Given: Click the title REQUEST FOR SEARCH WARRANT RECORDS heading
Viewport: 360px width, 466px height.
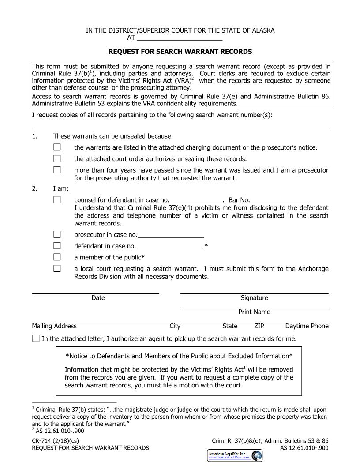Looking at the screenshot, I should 180,52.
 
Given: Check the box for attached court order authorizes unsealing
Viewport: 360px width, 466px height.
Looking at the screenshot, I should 57,158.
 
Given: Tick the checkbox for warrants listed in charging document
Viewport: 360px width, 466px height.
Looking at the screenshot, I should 57,147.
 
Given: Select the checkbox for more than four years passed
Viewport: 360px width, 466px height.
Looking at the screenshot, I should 57,170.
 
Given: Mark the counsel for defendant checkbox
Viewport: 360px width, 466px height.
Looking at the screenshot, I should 57,200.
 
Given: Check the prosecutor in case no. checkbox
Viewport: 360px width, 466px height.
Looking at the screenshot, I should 57,234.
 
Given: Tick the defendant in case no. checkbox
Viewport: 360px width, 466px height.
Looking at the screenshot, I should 57,246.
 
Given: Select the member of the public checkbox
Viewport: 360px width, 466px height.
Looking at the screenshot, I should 57,257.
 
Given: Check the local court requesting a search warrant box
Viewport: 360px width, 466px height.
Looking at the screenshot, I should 57,268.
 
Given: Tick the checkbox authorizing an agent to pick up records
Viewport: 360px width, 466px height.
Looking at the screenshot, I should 36,339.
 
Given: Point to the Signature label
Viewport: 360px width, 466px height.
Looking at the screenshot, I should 254,298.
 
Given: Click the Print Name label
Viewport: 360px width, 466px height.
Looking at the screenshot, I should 254,312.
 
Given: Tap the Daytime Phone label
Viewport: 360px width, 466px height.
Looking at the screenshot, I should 307,326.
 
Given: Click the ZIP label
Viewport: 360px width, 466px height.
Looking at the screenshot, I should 259,326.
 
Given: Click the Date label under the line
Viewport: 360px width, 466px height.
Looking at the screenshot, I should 98,298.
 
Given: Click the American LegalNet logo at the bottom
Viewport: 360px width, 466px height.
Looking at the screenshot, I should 235,455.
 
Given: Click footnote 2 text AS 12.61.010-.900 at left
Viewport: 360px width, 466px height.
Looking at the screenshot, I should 60,431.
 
